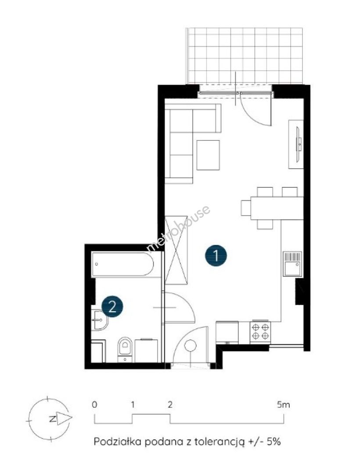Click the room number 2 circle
[x=112, y=307]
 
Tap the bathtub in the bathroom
[x=123, y=264]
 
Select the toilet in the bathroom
[x=125, y=349]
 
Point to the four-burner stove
[x=260, y=332]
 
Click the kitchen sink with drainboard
[x=292, y=264]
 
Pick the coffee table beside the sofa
[x=208, y=155]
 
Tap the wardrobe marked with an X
[x=176, y=250]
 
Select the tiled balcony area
[x=245, y=56]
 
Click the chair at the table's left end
[x=246, y=208]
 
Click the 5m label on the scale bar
[x=284, y=405]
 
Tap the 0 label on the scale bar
[x=94, y=405]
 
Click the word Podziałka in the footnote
[x=118, y=442]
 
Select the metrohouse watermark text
[x=178, y=228]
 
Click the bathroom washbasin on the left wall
[x=100, y=320]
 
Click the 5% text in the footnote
[x=274, y=442]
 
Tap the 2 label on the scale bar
[x=170, y=405]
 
